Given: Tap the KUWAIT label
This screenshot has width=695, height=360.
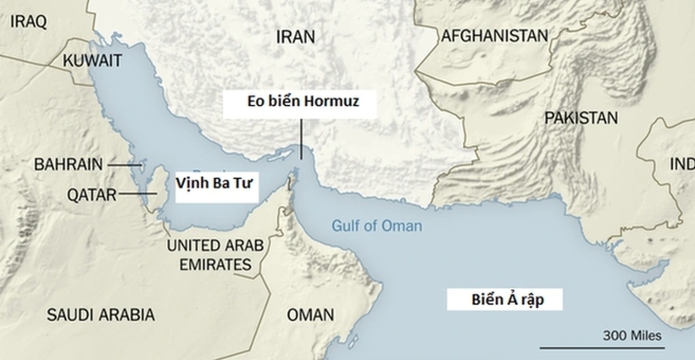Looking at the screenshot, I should click(92, 60).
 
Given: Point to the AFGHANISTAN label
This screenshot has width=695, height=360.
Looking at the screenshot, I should click(493, 36).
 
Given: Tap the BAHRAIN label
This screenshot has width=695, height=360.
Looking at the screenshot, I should click(69, 164).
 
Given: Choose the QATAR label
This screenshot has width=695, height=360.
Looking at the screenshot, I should click(91, 195).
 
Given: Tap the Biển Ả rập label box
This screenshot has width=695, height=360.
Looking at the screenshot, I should click(505, 300).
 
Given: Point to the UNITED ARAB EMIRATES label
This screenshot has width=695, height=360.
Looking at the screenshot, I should click(215, 255).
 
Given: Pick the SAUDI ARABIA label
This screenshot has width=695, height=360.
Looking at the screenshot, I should click(101, 315).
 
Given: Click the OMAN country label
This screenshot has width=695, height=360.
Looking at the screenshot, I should click(310, 315).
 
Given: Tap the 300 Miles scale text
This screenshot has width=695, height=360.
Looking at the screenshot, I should click(632, 335).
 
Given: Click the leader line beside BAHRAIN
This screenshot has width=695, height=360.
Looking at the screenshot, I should click(124, 164).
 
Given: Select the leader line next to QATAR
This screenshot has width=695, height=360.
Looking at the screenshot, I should click(136, 195).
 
